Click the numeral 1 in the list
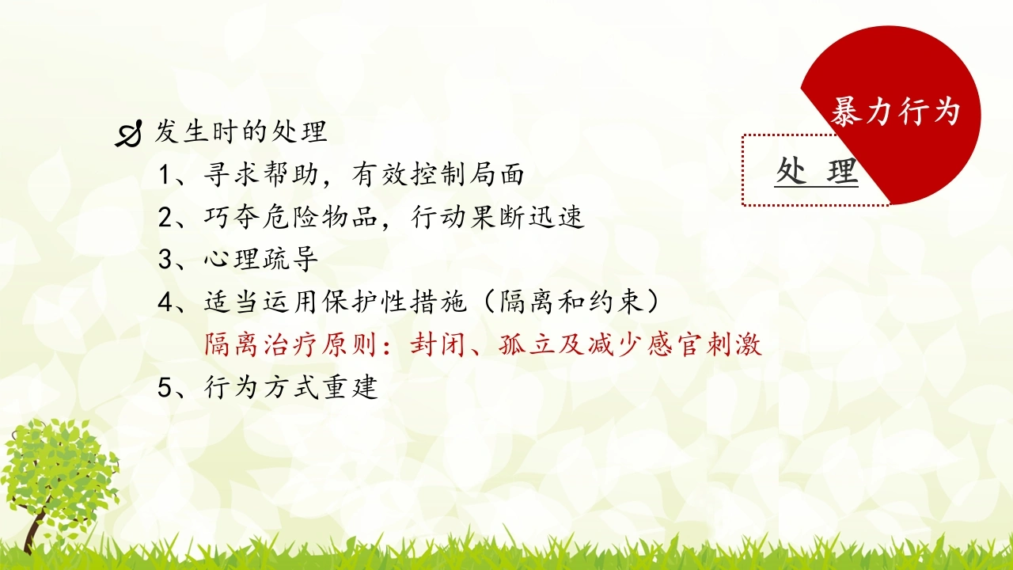click(x=165, y=175)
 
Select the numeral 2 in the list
click(x=165, y=217)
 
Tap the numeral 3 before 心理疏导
click(x=165, y=260)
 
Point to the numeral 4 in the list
click(x=165, y=302)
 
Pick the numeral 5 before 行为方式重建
click(x=165, y=387)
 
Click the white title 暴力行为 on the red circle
click(x=895, y=111)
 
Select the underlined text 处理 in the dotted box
click(x=817, y=171)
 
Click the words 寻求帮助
click(x=261, y=173)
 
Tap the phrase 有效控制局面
click(x=438, y=173)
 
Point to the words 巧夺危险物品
click(x=290, y=217)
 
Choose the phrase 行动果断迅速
click(x=498, y=217)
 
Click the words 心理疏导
click(x=261, y=259)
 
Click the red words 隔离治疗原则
click(x=290, y=344)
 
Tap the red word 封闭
click(x=438, y=344)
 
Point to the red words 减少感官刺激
click(x=675, y=344)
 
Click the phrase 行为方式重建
click(x=290, y=387)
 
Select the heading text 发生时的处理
click(x=241, y=131)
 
